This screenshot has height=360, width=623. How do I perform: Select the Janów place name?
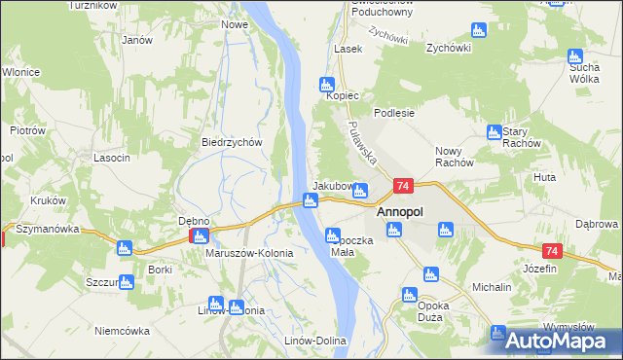137,40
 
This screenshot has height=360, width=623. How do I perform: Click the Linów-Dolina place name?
310,340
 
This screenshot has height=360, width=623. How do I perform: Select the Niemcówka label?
123,331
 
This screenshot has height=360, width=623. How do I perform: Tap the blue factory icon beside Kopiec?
327,85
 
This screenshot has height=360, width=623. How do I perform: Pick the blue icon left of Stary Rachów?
494,131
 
